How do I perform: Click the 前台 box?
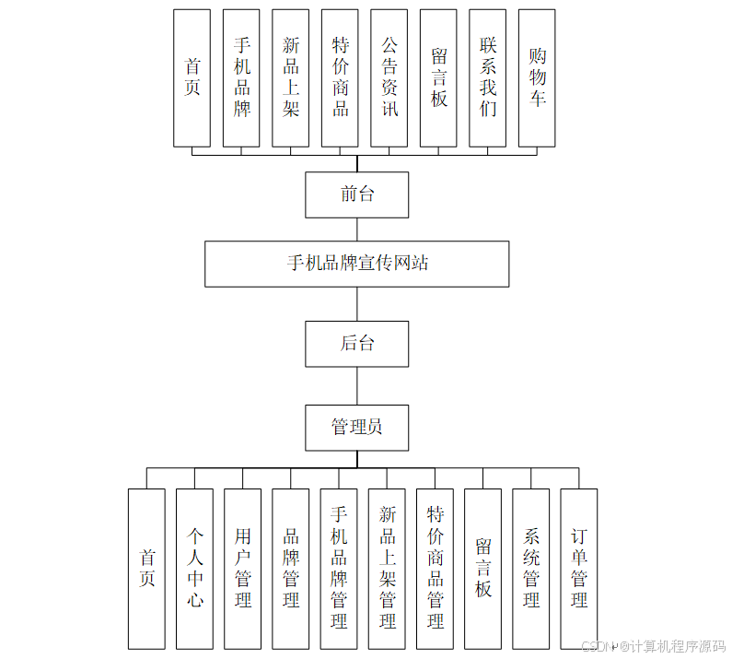(357, 194)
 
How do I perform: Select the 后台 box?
(357, 344)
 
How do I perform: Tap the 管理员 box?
(357, 427)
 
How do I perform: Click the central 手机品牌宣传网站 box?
(357, 264)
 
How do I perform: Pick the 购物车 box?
(537, 78)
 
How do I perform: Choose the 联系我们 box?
(487, 78)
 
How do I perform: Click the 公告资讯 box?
(389, 78)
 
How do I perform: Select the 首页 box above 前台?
(192, 78)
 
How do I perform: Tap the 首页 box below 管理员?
(146, 569)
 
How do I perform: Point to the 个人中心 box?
(194, 569)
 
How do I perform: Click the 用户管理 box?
(242, 569)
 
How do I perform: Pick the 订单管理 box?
(579, 569)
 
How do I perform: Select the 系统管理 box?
(531, 569)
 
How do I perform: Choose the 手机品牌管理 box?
(339, 569)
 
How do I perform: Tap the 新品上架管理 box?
(387, 569)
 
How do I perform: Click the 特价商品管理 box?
(435, 569)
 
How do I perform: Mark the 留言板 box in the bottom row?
(482, 569)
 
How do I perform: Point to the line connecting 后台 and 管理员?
(357, 386)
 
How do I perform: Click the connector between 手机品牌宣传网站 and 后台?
(357, 303)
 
